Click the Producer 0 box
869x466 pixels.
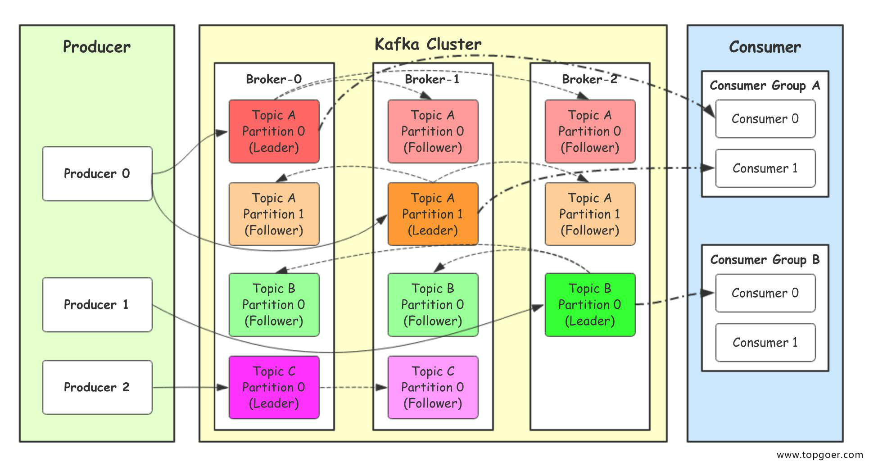coord(97,174)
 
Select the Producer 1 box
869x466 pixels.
coord(97,305)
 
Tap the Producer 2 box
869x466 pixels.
coord(97,387)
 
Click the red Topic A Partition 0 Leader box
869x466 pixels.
coord(274,131)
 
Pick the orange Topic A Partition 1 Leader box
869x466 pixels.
coord(433,214)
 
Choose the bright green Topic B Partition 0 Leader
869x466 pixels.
coord(590,305)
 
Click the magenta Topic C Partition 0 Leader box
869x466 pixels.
coord(274,388)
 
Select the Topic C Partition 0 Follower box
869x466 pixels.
coord(433,388)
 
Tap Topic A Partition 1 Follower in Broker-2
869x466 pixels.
coord(590,214)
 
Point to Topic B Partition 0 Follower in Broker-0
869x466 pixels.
coord(274,305)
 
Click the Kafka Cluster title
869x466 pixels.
coord(428,44)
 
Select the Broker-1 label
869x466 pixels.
coord(432,79)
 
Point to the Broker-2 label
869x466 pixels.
coord(589,79)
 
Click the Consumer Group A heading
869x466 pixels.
coord(765,86)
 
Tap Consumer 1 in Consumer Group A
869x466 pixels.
coord(765,168)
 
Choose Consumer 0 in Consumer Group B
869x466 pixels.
coord(765,293)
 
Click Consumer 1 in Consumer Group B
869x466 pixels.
coord(765,343)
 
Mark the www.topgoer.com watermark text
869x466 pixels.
coord(820,455)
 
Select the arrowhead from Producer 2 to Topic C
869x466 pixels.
coord(222,387)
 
